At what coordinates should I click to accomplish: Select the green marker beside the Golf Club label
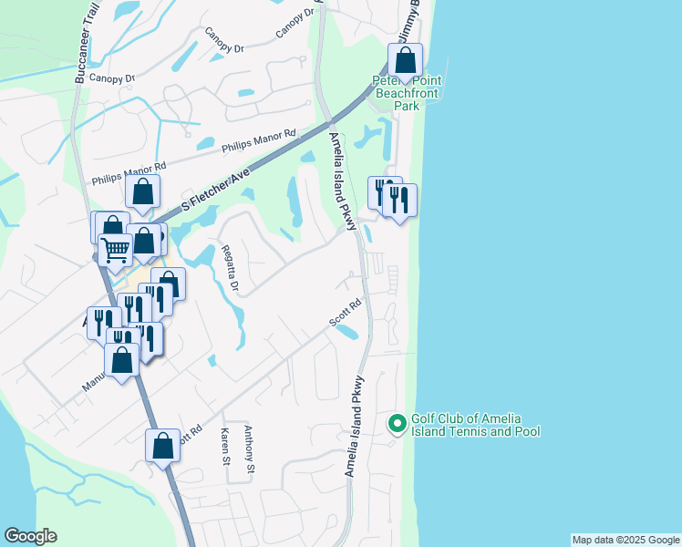tap(397, 424)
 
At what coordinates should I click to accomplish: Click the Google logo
tap(30, 536)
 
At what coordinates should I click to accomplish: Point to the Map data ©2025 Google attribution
tap(625, 540)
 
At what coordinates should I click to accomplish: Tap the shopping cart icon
tap(115, 248)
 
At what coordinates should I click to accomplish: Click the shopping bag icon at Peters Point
tap(406, 61)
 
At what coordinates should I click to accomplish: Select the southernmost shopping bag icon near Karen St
tap(162, 446)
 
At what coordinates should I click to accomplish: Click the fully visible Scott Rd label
tap(346, 314)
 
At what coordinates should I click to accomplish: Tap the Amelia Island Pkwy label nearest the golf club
tap(354, 427)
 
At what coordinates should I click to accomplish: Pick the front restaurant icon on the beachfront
tap(399, 201)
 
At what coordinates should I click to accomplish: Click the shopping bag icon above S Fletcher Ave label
tap(143, 191)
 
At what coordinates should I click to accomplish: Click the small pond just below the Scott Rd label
tap(346, 333)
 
